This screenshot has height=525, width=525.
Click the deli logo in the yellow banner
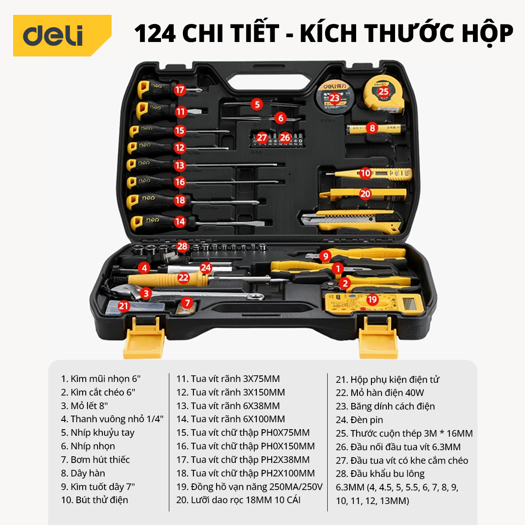pos(53,36)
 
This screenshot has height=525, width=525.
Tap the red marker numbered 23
pos(334,98)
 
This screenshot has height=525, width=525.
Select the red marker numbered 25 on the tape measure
pos(383,91)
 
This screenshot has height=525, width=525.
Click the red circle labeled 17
pos(180,90)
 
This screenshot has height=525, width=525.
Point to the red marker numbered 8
pos(372,128)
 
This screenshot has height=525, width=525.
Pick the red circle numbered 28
pos(182,247)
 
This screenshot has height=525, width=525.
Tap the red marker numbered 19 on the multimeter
pos(372,300)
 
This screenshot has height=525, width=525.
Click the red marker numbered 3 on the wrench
pos(146,294)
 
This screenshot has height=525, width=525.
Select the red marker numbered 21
pos(123,306)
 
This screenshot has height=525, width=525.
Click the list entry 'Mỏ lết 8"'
pos(84,406)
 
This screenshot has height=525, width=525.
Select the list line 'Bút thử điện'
pos(94,500)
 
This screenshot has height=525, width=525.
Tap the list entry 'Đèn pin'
pos(359,420)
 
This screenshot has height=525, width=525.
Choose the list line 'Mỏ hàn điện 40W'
pos(380,392)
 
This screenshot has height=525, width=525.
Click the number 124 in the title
pos(155,33)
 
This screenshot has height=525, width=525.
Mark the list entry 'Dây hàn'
pos(83,473)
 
